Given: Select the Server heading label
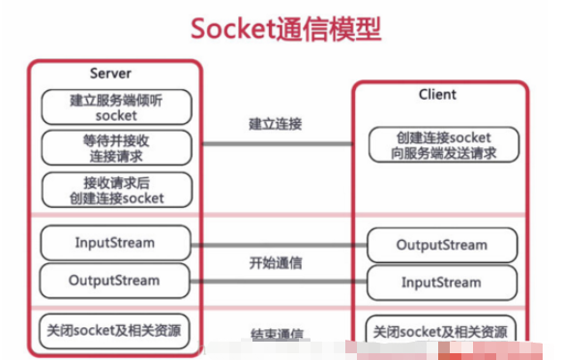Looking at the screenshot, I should click(x=110, y=74).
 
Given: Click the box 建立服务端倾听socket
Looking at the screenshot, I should click(x=116, y=106).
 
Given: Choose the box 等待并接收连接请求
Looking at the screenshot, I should click(x=116, y=147).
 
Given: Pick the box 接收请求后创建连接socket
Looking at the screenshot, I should click(x=116, y=190).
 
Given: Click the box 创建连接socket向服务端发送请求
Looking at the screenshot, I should click(x=441, y=145).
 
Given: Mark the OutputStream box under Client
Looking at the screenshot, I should click(x=441, y=245).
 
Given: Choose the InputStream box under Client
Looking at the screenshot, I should click(x=441, y=283).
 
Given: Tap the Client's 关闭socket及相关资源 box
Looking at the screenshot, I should click(x=441, y=330).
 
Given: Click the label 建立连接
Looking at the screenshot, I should click(x=276, y=124).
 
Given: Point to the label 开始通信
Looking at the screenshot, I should click(x=276, y=263).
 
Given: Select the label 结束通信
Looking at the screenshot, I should click(x=276, y=336).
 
